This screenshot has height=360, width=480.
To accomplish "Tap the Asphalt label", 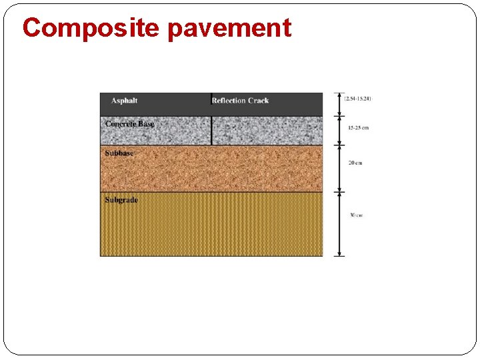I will point(124,101).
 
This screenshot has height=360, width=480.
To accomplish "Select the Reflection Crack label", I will point(240,101).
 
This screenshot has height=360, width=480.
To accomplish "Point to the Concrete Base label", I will point(129,124).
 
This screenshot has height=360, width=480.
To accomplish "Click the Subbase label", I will point(119,153).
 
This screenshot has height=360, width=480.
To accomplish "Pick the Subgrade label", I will point(121,199).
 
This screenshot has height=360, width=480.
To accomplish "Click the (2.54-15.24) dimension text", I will point(358,99).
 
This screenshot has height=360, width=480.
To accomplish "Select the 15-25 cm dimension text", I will point(358,127).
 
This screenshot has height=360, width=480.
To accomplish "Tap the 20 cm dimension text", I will point(355,163).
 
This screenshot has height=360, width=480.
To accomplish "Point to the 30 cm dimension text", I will point(356,215).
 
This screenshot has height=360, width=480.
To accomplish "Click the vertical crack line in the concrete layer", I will point(211,130).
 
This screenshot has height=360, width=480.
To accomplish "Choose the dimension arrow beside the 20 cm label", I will point(339,168).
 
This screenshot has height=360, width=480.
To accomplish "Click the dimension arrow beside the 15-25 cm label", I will point(339,130).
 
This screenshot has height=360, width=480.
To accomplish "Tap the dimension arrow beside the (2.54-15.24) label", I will point(339,104).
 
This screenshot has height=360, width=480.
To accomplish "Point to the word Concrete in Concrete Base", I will point(120,124).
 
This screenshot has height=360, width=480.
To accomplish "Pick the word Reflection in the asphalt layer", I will point(227,101).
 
